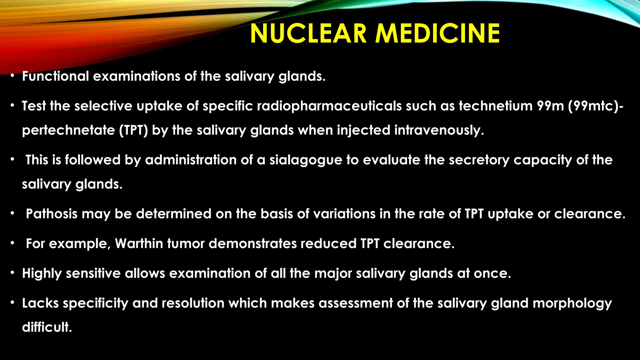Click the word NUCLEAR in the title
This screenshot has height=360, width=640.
pos(308,34)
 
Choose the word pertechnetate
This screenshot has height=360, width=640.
pos(68,130)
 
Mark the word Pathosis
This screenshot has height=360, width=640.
pos(52,214)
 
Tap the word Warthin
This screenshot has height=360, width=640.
pos(139,243)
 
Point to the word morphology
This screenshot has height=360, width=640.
pos(572,303)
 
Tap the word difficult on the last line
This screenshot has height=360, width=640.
pos(47,327)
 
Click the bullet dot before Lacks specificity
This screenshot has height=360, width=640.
pos(12,302)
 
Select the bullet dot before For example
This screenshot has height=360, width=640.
pos(12,243)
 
